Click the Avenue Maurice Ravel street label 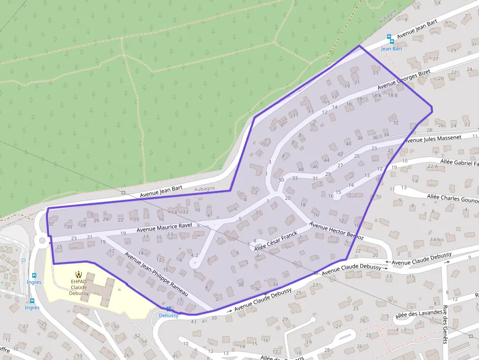pyautogui.click(x=164, y=227)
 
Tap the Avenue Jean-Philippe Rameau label pyautogui.click(x=156, y=274)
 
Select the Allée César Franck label pyautogui.click(x=276, y=240)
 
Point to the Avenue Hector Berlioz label pyautogui.click(x=336, y=231)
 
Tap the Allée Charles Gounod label pyautogui.click(x=453, y=198)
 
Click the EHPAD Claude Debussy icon pyautogui.click(x=79, y=275)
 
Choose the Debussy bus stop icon pyautogui.click(x=169, y=309)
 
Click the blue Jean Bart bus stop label pyautogui.click(x=392, y=49)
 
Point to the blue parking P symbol pyautogui.click(x=24, y=261)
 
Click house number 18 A pyautogui.click(x=376, y=95)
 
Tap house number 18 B pyautogui.click(x=392, y=95)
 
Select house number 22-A pyautogui.click(x=432, y=167)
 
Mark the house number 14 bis pyautogui.click(x=437, y=240)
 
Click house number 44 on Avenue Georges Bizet pyautogui.click(x=327, y=160)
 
